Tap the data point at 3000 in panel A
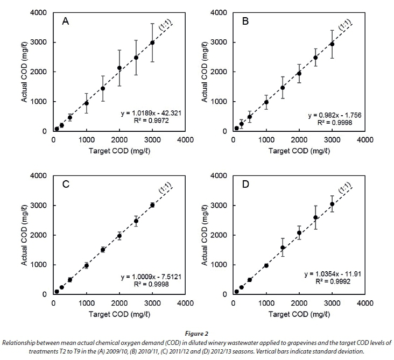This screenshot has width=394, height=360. (x=152, y=43)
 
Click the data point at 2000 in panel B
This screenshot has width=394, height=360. (x=299, y=73)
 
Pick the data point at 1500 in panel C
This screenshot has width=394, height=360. (x=103, y=250)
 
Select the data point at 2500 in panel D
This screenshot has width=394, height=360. (x=315, y=217)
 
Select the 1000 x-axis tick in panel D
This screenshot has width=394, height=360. (x=266, y=303)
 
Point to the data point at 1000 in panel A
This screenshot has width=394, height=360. (x=86, y=103)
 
